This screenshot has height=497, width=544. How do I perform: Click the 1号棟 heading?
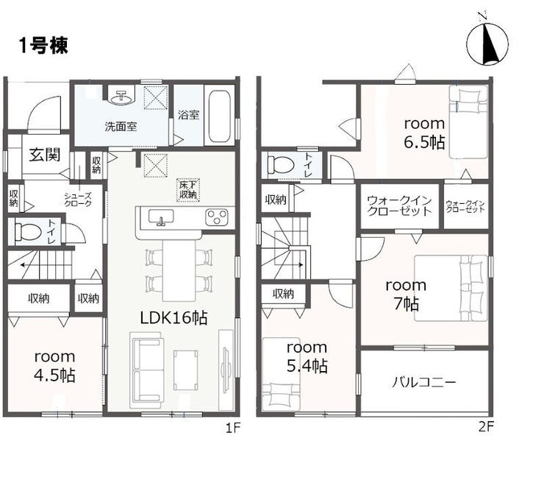pyautogui.click(x=43, y=46)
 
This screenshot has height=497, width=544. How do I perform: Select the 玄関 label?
pyautogui.click(x=44, y=155)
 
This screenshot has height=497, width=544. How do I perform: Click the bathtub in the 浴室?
pyautogui.click(x=220, y=116)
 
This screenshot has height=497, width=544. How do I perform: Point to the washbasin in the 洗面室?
pyautogui.click(x=121, y=98)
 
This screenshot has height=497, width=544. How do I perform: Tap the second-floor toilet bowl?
pyautogui.click(x=282, y=163)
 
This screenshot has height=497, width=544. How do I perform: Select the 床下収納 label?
pyautogui.click(x=187, y=190)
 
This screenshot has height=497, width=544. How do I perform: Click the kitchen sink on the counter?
pyautogui.click(x=161, y=217)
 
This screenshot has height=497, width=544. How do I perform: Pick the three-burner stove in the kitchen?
pyautogui.click(x=216, y=217)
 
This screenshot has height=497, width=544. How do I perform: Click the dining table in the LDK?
pyautogui.click(x=179, y=270)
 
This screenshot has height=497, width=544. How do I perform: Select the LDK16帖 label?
pyautogui.click(x=173, y=317)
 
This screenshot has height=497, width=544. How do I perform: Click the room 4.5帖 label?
pyautogui.click(x=54, y=366)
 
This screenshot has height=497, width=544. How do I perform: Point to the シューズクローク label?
pyautogui.click(x=78, y=200)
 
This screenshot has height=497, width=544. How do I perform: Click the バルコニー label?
pyautogui.click(x=424, y=383)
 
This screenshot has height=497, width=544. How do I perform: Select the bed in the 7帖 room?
pyautogui.click(x=451, y=288)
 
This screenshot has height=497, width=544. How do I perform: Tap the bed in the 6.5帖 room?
pyautogui.click(x=469, y=121)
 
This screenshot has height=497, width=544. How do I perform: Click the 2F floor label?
pyautogui.click(x=486, y=427)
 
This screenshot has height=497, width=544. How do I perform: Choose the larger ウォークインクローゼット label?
pyautogui.click(x=399, y=205)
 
